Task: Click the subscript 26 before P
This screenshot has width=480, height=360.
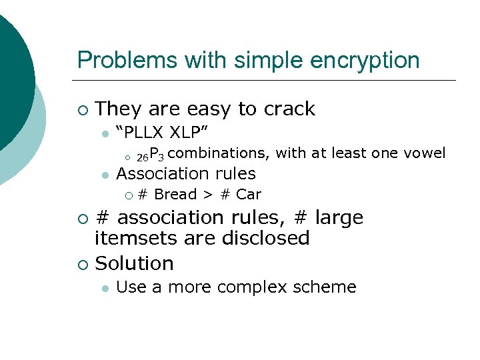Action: [142, 157]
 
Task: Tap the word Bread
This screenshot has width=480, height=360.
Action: [175, 195]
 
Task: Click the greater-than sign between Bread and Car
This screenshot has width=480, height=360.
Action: [208, 195]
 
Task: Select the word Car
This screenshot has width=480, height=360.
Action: [249, 195]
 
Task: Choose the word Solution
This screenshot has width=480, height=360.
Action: [135, 263]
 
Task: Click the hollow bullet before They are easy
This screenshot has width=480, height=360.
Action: [82, 109]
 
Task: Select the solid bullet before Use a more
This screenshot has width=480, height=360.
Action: [104, 288]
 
